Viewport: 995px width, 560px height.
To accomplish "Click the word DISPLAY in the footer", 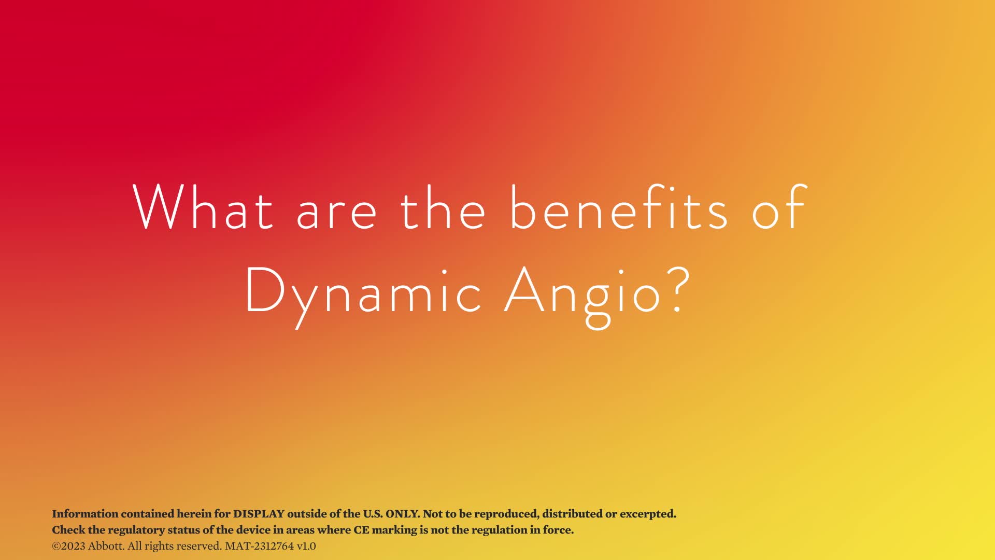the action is [259, 514].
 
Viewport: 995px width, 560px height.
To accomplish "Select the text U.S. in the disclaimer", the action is [373, 514].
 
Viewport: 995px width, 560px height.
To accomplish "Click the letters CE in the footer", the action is [361, 530].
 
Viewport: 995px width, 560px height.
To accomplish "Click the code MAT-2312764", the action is [259, 546].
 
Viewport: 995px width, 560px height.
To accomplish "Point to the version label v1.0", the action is [306, 547].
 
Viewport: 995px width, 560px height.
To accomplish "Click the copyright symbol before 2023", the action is [56, 547].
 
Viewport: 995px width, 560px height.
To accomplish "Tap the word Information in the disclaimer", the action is [85, 514].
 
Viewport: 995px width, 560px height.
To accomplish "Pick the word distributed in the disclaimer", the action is [572, 514].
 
